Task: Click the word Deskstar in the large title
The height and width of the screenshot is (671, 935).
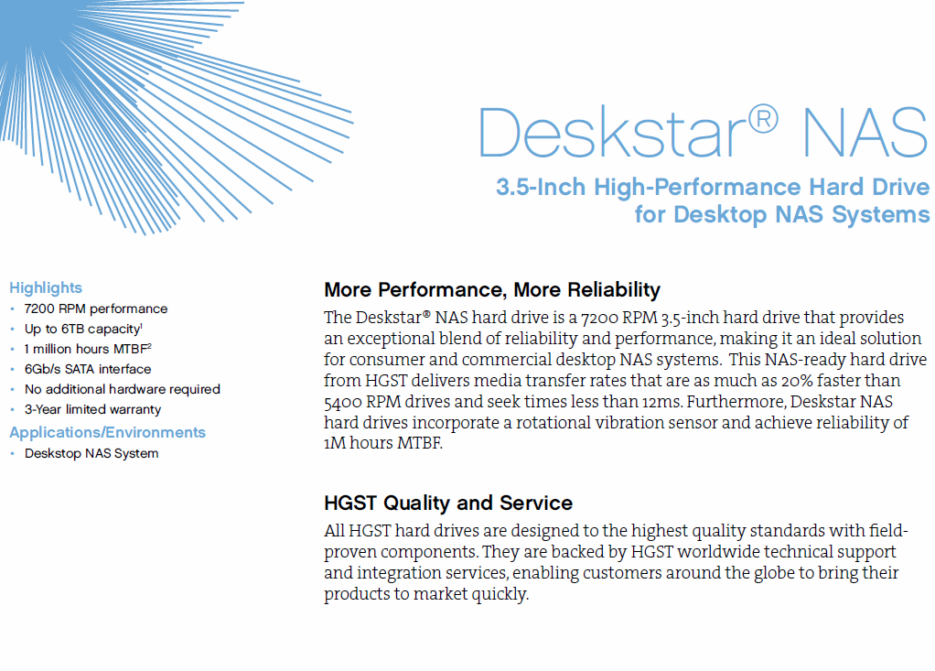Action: [612, 133]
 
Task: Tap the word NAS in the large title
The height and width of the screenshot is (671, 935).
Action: [865, 133]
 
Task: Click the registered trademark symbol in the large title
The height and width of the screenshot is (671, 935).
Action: [763, 119]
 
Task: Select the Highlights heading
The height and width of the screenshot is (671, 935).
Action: [46, 288]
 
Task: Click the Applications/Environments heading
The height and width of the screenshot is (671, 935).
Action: [107, 432]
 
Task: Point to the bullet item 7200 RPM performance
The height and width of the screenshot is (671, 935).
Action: [96, 309]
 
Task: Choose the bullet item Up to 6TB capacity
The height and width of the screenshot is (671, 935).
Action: [83, 330]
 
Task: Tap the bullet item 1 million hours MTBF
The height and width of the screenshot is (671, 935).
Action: [88, 349]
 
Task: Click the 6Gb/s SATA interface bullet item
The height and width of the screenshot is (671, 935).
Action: [88, 369]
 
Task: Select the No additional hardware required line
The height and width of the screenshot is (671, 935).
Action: [123, 389]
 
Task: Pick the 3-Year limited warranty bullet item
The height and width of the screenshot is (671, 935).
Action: [92, 410]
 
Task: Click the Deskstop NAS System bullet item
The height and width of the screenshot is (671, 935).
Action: [91, 453]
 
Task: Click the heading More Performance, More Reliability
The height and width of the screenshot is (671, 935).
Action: [492, 290]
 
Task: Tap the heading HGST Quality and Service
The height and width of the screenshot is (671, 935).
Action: [447, 503]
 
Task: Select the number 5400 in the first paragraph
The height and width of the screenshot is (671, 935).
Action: [343, 403]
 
